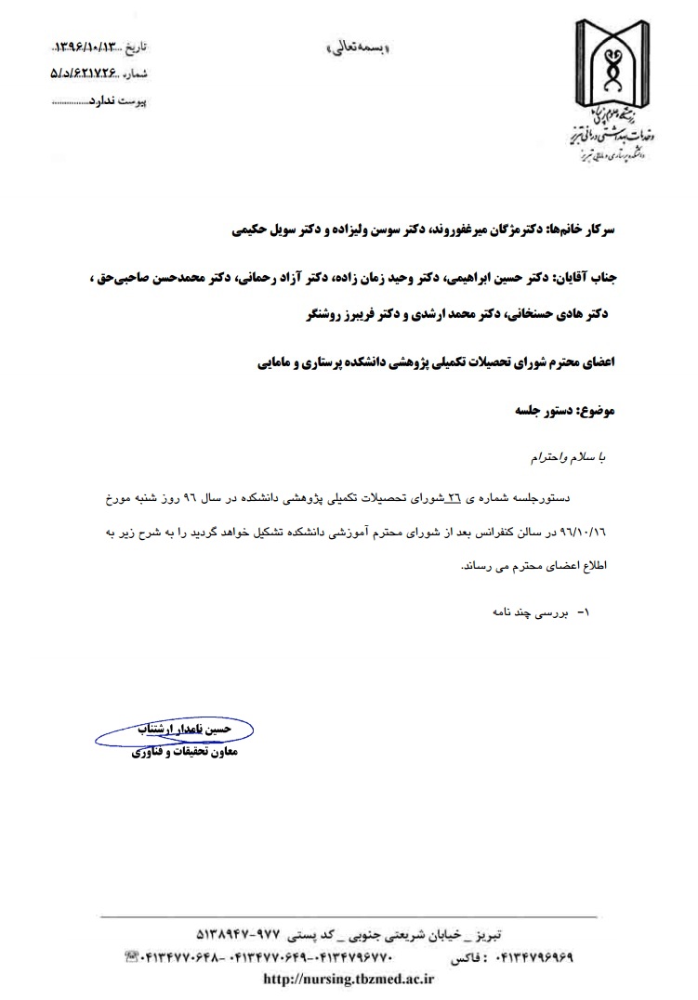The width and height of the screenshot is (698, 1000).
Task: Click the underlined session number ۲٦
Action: [x=454, y=499]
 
